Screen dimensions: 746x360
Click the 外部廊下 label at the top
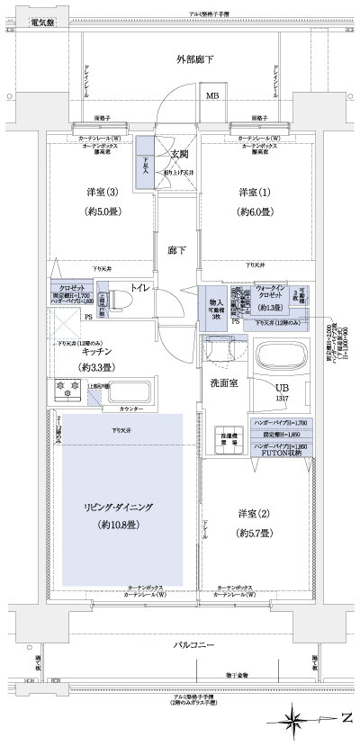[x=193, y=59]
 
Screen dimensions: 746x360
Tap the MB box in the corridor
[x=213, y=95]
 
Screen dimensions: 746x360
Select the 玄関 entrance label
[x=177, y=154]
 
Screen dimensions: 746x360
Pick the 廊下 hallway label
[x=176, y=251]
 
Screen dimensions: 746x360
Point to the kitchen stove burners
[x=68, y=390]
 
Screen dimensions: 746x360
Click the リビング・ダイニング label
[x=114, y=508]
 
